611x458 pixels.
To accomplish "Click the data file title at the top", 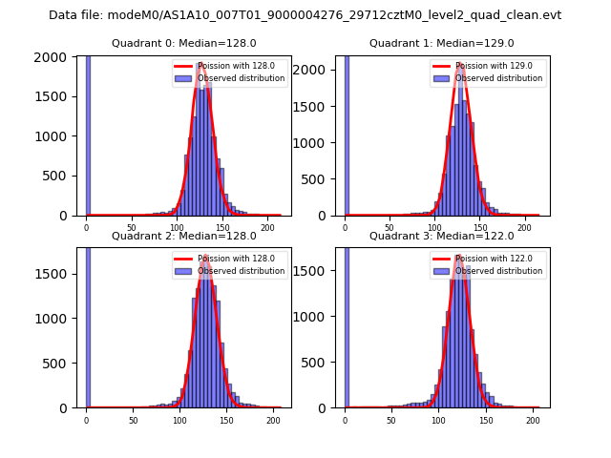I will click(305, 15).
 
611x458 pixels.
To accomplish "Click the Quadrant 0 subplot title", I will click(183, 44).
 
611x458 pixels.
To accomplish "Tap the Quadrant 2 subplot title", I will click(183, 236).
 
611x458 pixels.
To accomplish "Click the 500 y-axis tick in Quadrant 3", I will click(323, 363).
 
